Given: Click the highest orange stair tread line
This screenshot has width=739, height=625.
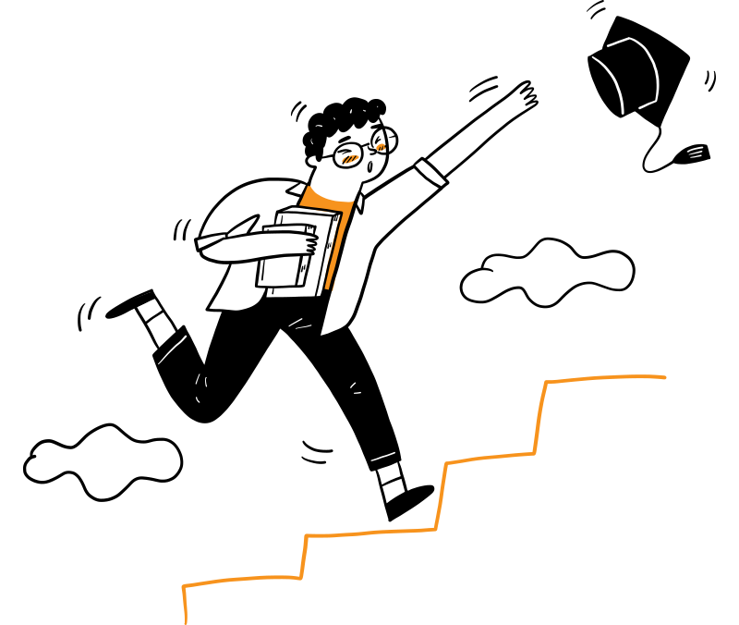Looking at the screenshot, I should tap(605, 377).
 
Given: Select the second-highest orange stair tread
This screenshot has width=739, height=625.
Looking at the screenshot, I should tap(490, 458).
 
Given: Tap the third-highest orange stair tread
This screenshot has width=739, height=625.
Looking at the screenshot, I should tap(369, 533).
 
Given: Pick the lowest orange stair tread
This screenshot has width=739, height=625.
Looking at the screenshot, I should tap(240, 580).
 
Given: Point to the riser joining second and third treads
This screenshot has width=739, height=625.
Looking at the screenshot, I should tap(441, 496).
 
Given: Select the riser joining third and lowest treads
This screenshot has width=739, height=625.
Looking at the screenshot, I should tap(303, 557).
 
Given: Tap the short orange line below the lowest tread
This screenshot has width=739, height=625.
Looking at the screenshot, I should tap(185, 606).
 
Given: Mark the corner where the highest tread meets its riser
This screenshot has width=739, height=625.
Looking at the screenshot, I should tap(546, 382).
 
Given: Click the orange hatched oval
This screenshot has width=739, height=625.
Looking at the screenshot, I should tap(349, 159).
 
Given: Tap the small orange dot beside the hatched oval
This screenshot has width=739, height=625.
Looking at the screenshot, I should tap(381, 147).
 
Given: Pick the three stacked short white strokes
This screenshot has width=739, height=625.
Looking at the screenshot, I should tap(695, 152).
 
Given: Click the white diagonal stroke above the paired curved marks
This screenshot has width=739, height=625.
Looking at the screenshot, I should tap(172, 349).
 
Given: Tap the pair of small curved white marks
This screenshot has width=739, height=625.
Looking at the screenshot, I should tap(200, 387).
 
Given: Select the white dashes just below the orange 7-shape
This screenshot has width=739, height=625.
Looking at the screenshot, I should tap(299, 325).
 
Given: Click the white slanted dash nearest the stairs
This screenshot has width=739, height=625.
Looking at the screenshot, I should tap(382, 457).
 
